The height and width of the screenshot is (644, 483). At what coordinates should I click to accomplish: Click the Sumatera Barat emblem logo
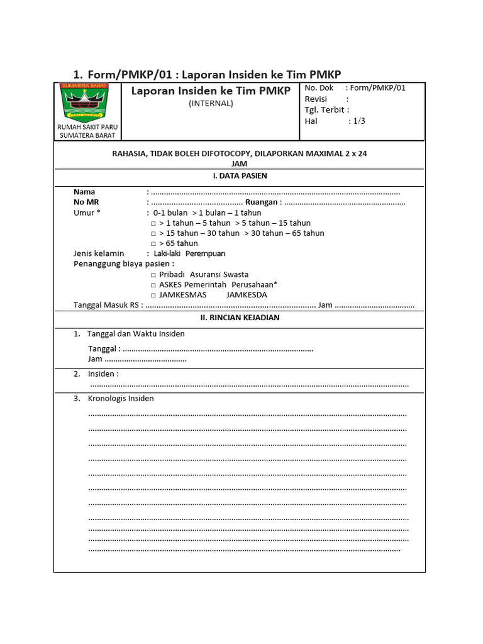[x=84, y=101]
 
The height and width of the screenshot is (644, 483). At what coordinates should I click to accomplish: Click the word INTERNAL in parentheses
[x=211, y=104]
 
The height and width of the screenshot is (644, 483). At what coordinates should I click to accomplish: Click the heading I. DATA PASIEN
[x=240, y=176]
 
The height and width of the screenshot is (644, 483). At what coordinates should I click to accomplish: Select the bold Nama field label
[x=84, y=192]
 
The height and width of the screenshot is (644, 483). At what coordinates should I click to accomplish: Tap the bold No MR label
[x=86, y=203]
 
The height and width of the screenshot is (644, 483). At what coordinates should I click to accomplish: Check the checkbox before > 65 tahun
[x=153, y=243]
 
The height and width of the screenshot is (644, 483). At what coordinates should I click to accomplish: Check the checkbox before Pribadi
[x=153, y=275]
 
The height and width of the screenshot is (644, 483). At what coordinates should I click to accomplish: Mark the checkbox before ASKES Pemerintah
[x=153, y=285]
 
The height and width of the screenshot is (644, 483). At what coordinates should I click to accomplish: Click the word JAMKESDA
[x=247, y=295]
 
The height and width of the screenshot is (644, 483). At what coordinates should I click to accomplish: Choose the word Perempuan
[x=205, y=253]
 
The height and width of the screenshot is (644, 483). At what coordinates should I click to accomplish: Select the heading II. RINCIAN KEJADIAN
[x=240, y=318]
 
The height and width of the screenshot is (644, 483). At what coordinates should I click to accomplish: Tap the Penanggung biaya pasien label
[x=122, y=264]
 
